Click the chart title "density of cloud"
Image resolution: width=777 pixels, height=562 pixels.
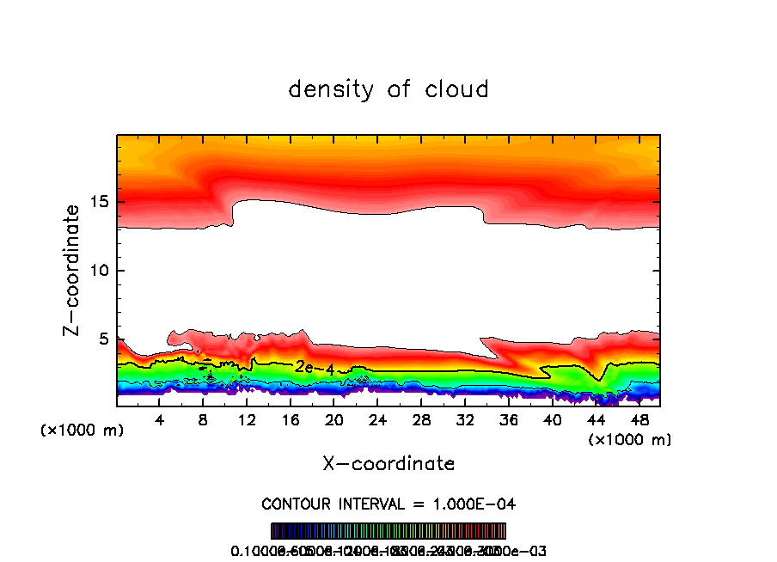[x=388, y=89]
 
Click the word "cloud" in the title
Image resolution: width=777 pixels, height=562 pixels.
[x=456, y=89]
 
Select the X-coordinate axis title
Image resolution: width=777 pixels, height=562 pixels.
[x=388, y=464]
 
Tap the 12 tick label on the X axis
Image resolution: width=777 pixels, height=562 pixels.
[x=247, y=419]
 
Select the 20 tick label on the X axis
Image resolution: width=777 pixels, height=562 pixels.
[x=333, y=419]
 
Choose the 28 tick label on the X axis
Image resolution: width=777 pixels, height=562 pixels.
[x=421, y=419]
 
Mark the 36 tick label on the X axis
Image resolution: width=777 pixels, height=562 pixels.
[x=508, y=419]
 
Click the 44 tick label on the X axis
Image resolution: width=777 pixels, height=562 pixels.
[x=595, y=419]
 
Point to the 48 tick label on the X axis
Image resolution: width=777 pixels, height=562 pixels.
[x=639, y=419]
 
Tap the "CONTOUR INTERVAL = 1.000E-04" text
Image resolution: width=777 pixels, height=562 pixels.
[x=388, y=504]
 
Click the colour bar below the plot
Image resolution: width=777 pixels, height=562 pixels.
[x=388, y=531]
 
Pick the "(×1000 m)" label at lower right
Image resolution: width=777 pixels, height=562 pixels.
[x=629, y=440]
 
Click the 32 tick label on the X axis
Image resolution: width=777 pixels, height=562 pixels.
[x=464, y=419]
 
